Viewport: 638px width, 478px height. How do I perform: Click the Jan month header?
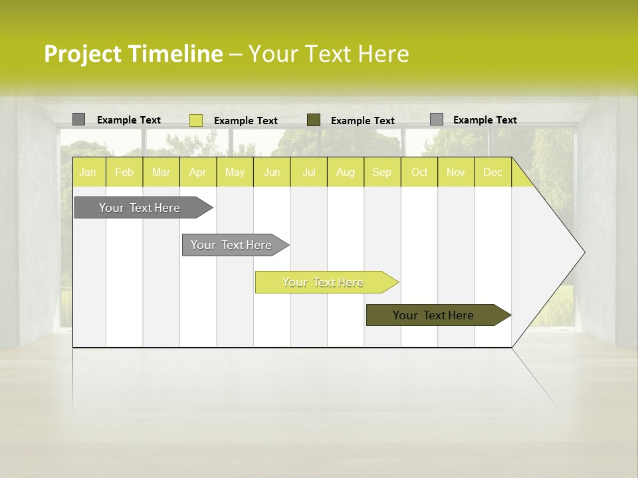click(88, 172)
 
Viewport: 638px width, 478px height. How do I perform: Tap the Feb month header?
click(124, 172)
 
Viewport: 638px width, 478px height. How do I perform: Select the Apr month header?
click(197, 172)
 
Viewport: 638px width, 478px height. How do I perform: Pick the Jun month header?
click(272, 172)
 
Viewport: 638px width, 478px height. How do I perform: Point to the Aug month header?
click(346, 172)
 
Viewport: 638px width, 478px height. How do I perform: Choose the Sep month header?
click(381, 172)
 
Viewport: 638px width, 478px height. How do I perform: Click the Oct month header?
click(419, 172)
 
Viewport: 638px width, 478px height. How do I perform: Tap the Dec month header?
click(493, 172)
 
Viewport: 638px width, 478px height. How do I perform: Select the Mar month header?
click(161, 172)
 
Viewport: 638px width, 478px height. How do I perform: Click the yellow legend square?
click(196, 120)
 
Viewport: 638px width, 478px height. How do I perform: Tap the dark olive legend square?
click(314, 120)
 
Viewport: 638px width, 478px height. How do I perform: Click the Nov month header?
click(456, 172)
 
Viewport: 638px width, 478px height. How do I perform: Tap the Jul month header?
click(309, 172)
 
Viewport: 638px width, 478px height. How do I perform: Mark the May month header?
click(235, 172)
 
